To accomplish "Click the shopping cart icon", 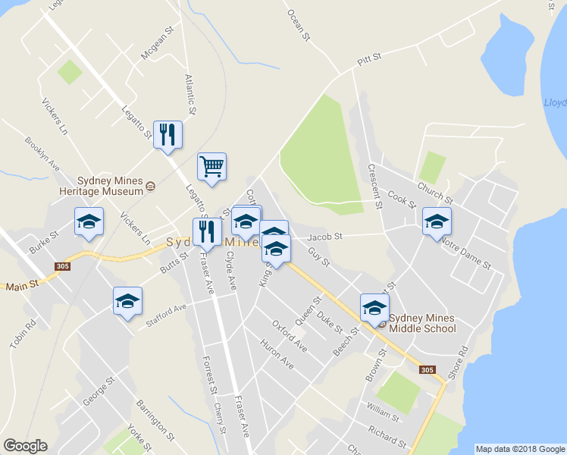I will tap(211, 166).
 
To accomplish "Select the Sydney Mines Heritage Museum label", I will tap(110, 187).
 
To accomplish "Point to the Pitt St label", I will tap(368, 59).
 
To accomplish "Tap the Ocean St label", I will tap(299, 24).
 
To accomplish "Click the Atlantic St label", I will tap(190, 94).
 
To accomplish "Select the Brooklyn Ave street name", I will tap(42, 153).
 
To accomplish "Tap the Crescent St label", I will tap(373, 186).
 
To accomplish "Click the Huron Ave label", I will tap(277, 351).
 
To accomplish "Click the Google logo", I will tap(26, 446).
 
